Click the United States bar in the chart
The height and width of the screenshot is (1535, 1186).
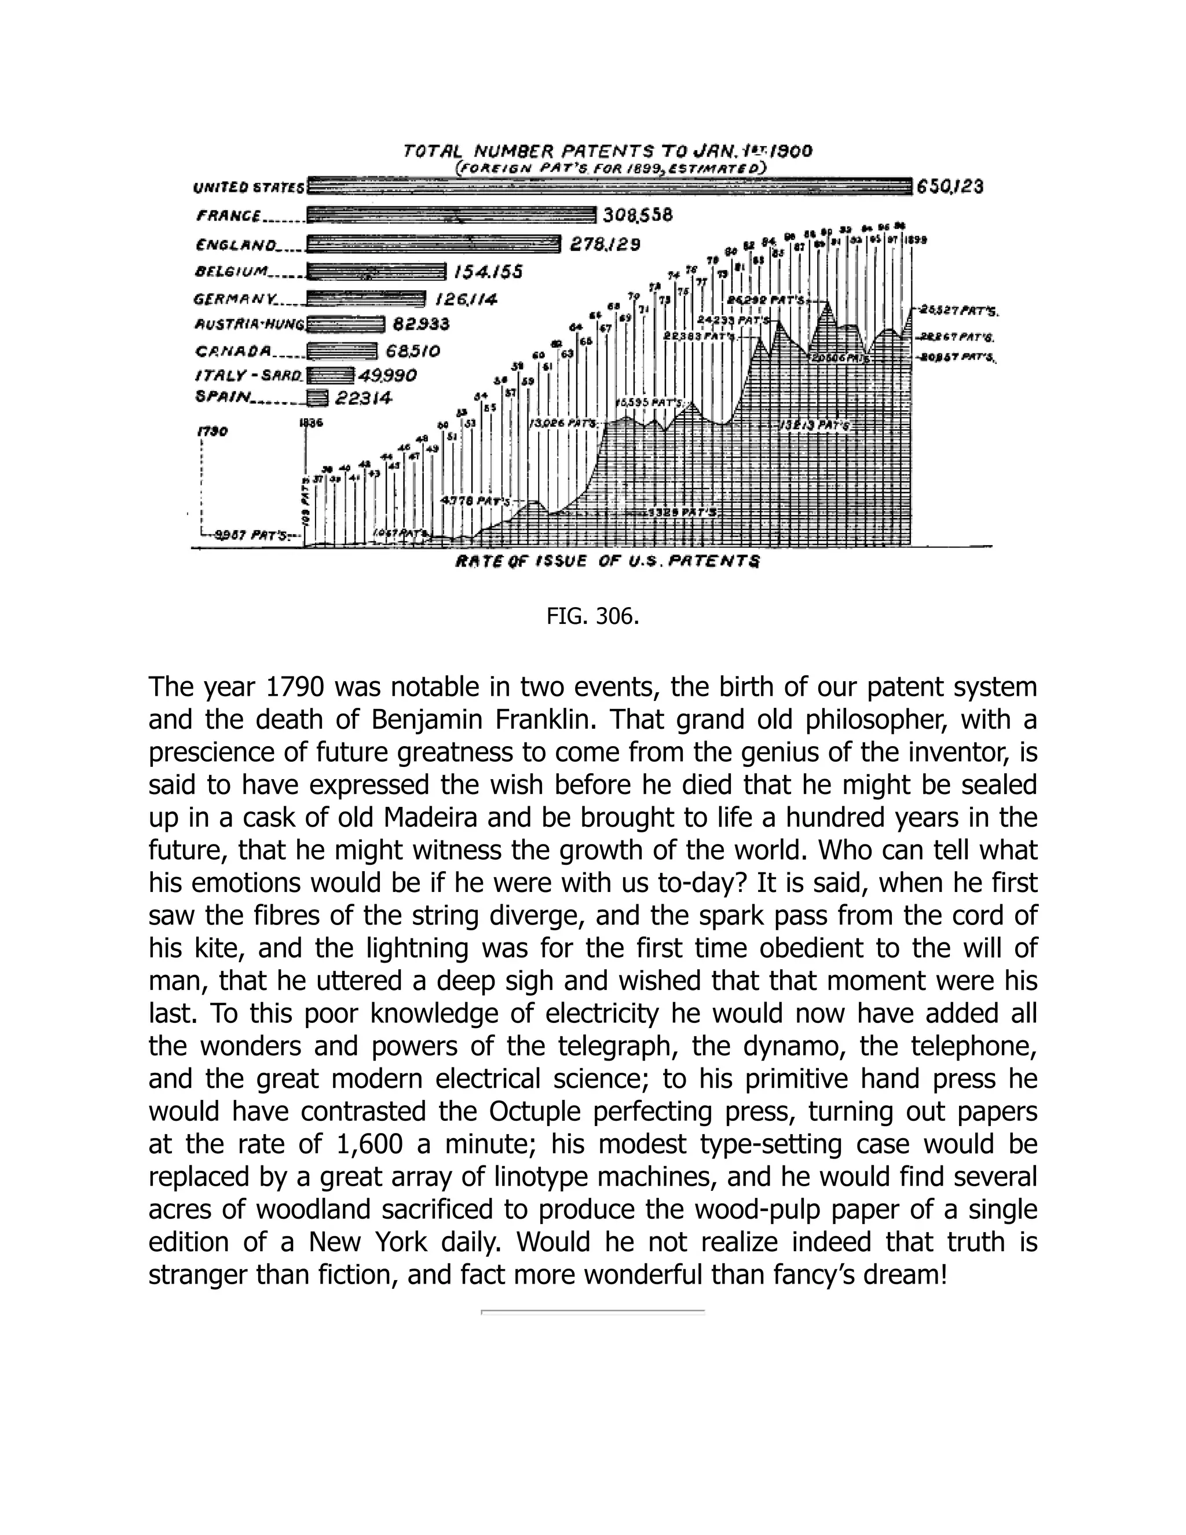coord(609,187)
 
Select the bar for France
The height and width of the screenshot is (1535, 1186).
coord(451,215)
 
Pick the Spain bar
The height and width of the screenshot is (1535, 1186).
coord(317,399)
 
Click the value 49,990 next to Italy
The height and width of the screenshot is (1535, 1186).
coord(387,375)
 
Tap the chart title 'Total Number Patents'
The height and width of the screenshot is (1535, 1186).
coord(607,151)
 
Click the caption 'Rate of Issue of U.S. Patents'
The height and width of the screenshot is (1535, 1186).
coord(607,561)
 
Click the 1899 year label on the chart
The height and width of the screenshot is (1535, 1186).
coord(916,240)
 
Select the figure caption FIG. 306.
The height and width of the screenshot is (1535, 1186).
coord(593,616)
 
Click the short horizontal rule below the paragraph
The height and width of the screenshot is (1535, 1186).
coord(593,1311)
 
